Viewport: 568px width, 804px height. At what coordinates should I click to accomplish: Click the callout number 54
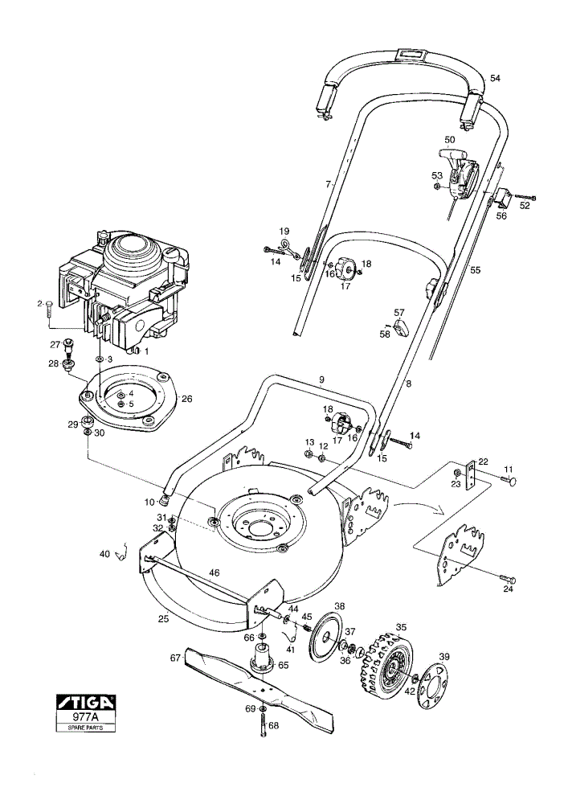495,78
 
